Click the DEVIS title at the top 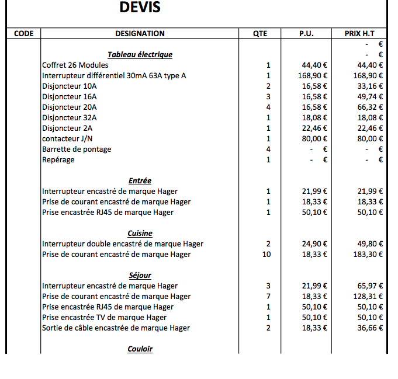[x=140, y=8]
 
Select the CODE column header [x=23, y=33]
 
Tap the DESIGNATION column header [x=140, y=33]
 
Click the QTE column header [x=260, y=33]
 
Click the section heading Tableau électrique [x=140, y=54]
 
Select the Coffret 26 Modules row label [x=75, y=65]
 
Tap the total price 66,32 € [x=370, y=107]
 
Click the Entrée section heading [x=140, y=180]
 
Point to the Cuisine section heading [x=140, y=233]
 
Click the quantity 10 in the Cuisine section [x=267, y=254]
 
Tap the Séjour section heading [x=140, y=275]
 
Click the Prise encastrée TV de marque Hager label [x=104, y=317]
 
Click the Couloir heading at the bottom [x=140, y=349]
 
